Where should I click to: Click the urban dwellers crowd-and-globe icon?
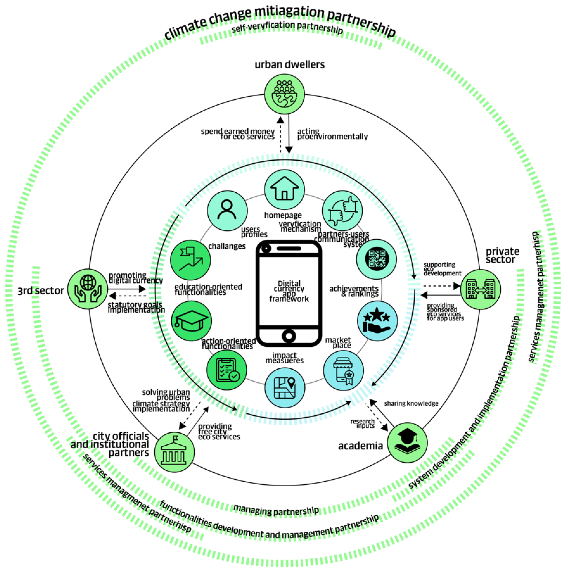(x=284, y=94)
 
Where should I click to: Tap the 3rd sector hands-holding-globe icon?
(x=88, y=289)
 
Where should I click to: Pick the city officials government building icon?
(x=174, y=452)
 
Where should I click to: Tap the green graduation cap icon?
(x=191, y=321)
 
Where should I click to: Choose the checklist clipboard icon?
(x=227, y=370)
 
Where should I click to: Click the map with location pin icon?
(x=285, y=388)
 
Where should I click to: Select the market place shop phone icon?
(x=343, y=370)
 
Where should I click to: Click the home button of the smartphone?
(x=288, y=336)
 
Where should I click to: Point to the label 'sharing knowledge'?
(x=411, y=404)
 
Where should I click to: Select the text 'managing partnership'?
(x=276, y=510)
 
